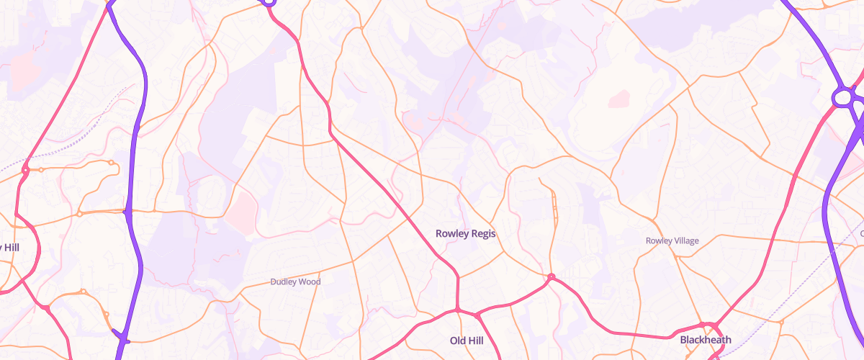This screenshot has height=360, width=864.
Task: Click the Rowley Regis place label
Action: pyautogui.click(x=466, y=233)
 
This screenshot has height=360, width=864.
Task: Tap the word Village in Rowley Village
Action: pyautogui.click(x=683, y=240)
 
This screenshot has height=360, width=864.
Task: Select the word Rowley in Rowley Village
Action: pyautogui.click(x=659, y=240)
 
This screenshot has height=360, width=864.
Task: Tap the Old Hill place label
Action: pyautogui.click(x=466, y=340)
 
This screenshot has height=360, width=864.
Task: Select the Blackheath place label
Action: pyautogui.click(x=706, y=340)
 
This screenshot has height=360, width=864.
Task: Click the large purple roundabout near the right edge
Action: pyautogui.click(x=843, y=97)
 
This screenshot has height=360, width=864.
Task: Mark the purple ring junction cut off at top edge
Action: pyautogui.click(x=268, y=2)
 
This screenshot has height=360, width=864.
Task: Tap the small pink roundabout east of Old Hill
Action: pyautogui.click(x=551, y=277)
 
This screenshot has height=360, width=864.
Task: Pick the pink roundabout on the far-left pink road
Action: pyautogui.click(x=25, y=170)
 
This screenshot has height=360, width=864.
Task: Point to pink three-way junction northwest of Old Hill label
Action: pyautogui.click(x=456, y=311)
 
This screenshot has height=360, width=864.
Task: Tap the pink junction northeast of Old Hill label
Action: pyautogui.click(x=477, y=315)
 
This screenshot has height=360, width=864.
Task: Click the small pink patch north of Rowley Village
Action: pyautogui.click(x=618, y=99)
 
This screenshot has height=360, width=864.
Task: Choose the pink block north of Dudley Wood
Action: pyautogui.click(x=243, y=209)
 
